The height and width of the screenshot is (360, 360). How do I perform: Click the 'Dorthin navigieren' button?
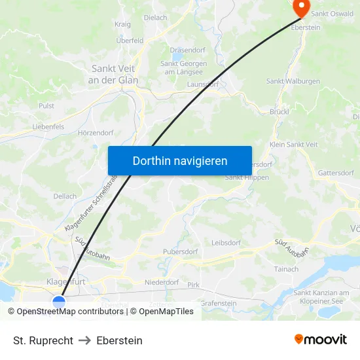coord(179,160)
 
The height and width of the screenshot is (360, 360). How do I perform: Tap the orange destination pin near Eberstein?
coord(301,8)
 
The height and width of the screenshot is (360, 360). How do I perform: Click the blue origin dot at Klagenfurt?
coord(59,302)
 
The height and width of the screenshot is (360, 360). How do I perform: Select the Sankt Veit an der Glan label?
coord(115,74)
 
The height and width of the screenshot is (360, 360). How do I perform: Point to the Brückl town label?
coord(279,112)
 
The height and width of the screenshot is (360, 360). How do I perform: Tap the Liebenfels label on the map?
coord(48,127)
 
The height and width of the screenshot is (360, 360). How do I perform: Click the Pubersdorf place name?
coord(180,251)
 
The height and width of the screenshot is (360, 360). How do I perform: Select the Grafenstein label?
coord(218,303)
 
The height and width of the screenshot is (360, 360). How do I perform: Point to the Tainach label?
coord(287,269)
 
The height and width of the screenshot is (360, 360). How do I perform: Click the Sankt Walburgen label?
coord(293,81)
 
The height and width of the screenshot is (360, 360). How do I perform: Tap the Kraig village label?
coord(123,24)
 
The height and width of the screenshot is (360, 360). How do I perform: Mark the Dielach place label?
coord(155,18)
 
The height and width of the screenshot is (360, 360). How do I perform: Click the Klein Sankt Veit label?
coord(294,145)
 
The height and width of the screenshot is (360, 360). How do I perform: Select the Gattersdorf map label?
coord(335,173)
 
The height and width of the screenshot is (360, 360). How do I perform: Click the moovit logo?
coord(321,340)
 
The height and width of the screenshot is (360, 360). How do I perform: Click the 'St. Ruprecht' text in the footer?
coord(43,340)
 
